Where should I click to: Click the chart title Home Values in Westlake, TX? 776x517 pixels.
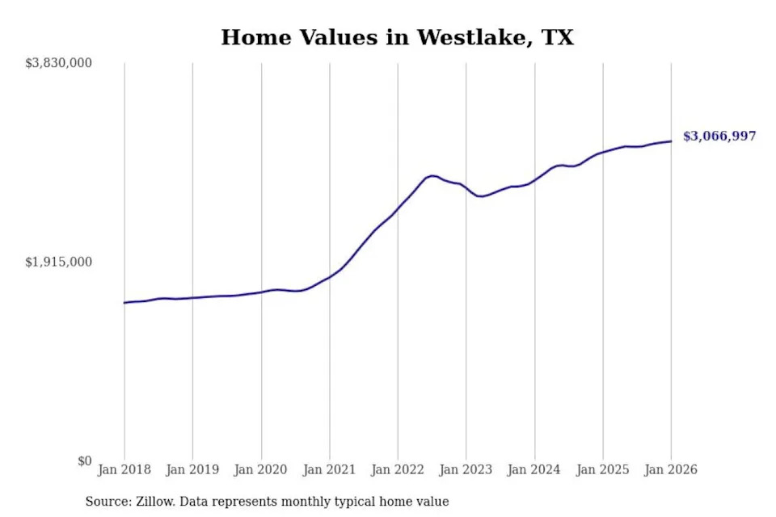[397, 37]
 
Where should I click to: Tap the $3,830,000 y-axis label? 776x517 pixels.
[59, 63]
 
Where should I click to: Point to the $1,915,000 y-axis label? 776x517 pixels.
[59, 262]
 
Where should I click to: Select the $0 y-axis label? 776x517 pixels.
[85, 461]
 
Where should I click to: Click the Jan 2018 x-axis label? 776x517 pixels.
[124, 469]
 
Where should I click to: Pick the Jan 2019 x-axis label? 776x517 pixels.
[192, 469]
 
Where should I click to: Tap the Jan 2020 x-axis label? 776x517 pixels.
[261, 469]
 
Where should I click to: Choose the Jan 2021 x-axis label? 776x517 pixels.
[329, 469]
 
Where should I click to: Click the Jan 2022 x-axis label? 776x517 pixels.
[398, 469]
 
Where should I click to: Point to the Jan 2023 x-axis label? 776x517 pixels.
[466, 469]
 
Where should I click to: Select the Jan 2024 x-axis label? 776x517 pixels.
[534, 469]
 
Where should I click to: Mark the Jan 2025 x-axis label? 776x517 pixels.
[602, 469]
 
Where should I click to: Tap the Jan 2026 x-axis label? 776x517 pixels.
[671, 469]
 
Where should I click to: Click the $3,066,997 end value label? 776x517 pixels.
[719, 137]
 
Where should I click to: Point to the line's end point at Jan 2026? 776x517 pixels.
[671, 141]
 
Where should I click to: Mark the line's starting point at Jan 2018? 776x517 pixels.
[124, 303]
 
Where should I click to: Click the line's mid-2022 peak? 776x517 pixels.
[432, 175]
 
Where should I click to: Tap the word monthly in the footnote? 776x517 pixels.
[305, 502]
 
